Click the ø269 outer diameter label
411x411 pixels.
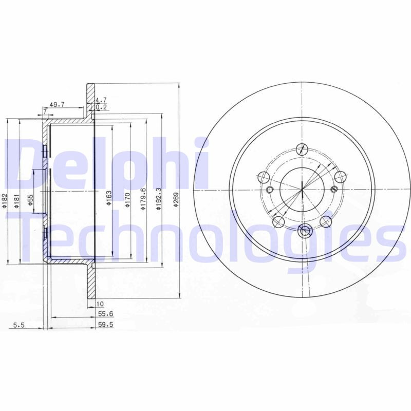pos(176,200)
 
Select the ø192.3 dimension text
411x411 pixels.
pos(160,198)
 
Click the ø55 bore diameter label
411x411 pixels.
pos(31,200)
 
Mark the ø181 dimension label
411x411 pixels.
pos(17,200)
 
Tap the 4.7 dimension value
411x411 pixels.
pos(102,100)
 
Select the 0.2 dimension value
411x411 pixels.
pos(102,107)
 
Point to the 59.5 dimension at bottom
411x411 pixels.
pos(105,324)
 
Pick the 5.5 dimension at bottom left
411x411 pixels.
pos(18,324)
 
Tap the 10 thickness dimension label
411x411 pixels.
pos(100,304)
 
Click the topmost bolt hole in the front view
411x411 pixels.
pos(303,150)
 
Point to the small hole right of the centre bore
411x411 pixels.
pos(334,190)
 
